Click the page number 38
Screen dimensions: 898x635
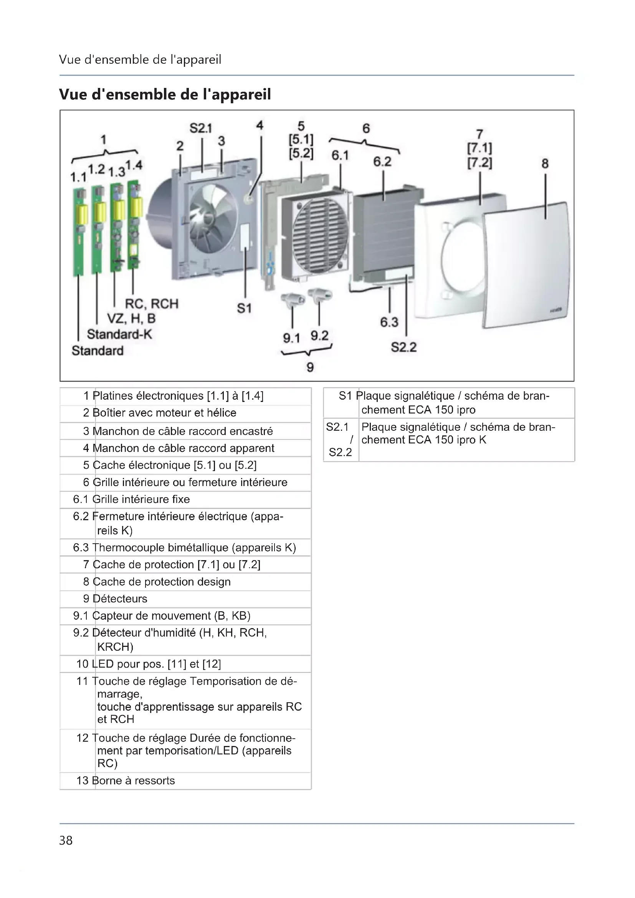click(x=66, y=840)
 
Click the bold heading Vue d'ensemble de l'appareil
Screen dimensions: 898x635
click(x=165, y=94)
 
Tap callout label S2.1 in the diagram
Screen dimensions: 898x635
click(x=200, y=128)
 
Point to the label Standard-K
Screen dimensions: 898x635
click(x=119, y=334)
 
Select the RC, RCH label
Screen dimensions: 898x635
click(x=151, y=304)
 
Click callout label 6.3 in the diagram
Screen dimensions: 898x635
click(x=389, y=322)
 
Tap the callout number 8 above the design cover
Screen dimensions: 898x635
click(x=545, y=164)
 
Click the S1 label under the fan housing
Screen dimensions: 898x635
click(x=244, y=309)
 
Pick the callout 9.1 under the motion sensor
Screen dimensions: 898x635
click(x=291, y=338)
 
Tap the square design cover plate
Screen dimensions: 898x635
click(x=526, y=266)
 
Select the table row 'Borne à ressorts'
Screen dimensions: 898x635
click(x=133, y=781)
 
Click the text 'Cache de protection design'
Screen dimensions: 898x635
click(x=162, y=582)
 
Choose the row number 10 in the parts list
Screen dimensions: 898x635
click(x=83, y=664)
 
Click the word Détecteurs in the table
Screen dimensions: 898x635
click(x=120, y=599)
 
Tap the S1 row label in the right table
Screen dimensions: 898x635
click(x=345, y=396)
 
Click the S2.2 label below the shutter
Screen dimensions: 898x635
click(x=403, y=347)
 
